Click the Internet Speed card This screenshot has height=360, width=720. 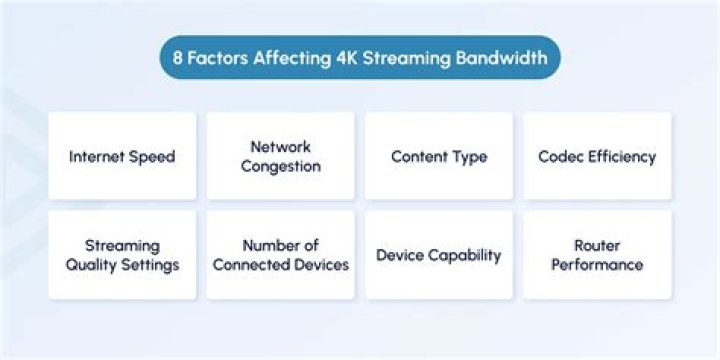click(x=122, y=156)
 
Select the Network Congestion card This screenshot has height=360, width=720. click(x=280, y=156)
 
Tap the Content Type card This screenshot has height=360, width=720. click(x=438, y=156)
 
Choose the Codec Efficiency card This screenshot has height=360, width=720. click(x=596, y=156)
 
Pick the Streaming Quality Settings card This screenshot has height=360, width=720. click(x=122, y=255)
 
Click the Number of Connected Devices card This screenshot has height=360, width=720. click(x=280, y=255)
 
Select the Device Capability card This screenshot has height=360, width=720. click(x=438, y=255)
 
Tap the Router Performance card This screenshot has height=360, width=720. click(x=596, y=255)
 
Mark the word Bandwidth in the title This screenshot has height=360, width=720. click(x=505, y=58)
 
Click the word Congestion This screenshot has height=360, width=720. click(x=280, y=166)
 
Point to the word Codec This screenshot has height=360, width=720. click(x=559, y=157)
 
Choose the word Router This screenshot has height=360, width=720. click(x=597, y=245)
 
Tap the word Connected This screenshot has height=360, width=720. click(x=256, y=265)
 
